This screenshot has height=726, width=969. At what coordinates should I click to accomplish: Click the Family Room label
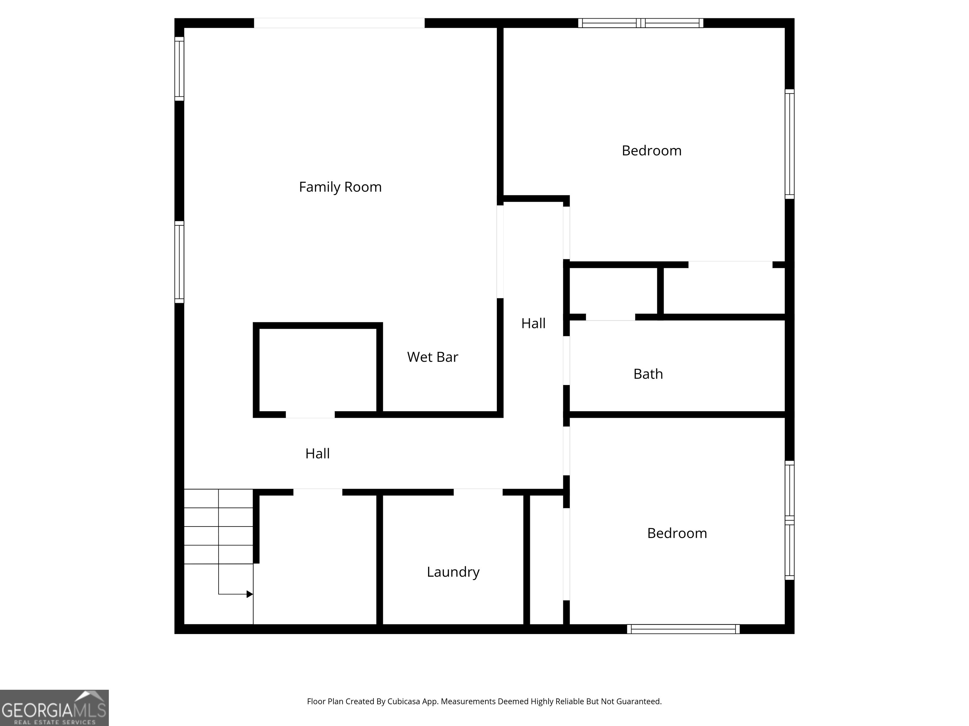[340, 187]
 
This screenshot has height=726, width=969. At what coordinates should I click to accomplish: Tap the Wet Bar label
[432, 357]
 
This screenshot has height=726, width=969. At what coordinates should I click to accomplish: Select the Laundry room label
[453, 572]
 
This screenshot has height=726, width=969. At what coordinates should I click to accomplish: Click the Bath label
[648, 374]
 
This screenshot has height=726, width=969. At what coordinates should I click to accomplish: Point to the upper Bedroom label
[651, 151]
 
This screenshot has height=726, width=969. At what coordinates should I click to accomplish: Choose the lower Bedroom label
[677, 533]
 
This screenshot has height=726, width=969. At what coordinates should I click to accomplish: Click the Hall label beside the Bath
[533, 323]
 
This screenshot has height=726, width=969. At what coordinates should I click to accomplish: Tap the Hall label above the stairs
[317, 453]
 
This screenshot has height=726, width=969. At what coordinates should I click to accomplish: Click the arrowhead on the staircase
[250, 594]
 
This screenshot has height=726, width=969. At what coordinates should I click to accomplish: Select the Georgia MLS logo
[54, 708]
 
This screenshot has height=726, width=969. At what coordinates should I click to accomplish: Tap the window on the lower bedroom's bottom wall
[683, 629]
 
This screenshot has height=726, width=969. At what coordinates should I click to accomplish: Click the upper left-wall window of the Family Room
[179, 69]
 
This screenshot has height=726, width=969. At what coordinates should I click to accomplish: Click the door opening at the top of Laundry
[478, 492]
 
